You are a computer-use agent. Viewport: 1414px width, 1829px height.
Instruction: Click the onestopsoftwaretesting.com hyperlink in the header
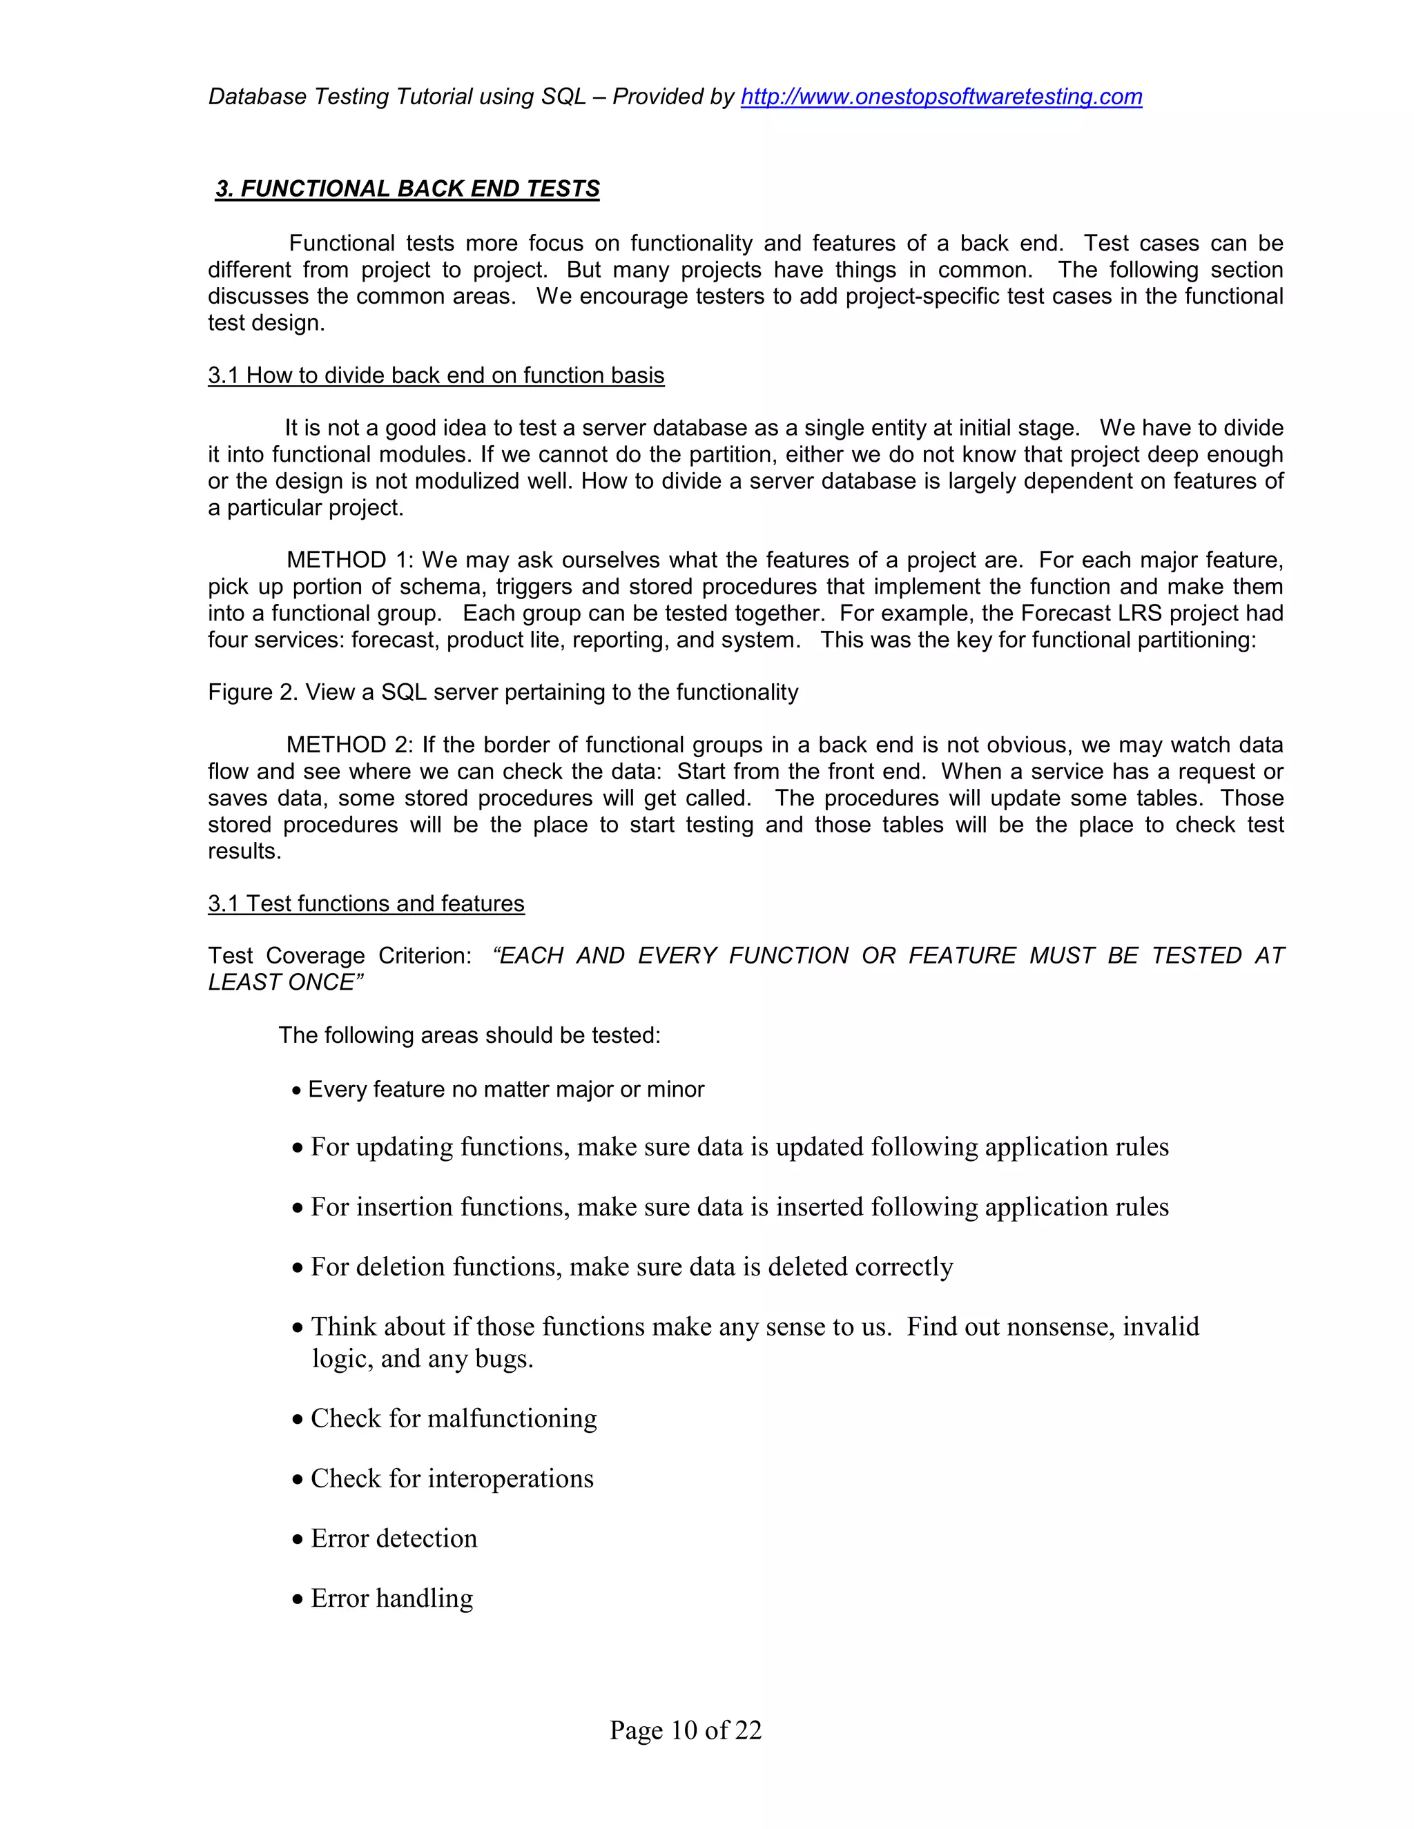coord(941,97)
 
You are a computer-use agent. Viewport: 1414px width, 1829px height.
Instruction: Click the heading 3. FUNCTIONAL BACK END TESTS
coord(408,188)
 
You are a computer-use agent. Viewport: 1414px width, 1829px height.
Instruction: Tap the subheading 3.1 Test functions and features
coord(366,903)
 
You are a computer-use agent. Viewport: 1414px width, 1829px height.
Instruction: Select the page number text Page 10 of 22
coord(685,1730)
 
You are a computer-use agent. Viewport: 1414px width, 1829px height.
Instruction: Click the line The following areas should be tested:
coord(469,1036)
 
